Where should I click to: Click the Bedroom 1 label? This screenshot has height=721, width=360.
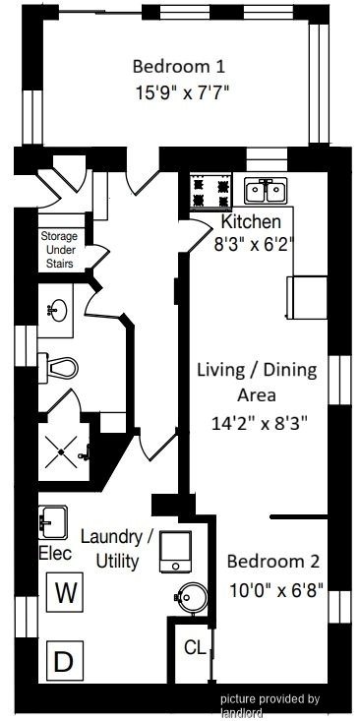click(179, 67)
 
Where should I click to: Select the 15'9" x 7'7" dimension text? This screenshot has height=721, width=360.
click(182, 92)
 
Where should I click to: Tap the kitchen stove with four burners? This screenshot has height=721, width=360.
click(211, 192)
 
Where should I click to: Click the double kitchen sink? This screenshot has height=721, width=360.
click(266, 191)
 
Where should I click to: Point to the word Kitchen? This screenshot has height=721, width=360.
click(251, 221)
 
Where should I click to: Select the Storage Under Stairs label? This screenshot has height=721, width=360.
click(59, 251)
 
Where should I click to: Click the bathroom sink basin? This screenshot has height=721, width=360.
click(57, 311)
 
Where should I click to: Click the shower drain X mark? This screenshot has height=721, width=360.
click(61, 452)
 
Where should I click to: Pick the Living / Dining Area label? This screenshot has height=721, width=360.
click(257, 382)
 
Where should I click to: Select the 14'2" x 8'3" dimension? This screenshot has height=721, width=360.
click(259, 424)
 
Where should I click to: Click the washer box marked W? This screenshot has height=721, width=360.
click(65, 592)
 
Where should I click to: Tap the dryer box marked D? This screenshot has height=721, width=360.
click(65, 661)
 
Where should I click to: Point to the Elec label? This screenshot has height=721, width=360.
click(56, 553)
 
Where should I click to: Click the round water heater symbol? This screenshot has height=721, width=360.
click(191, 598)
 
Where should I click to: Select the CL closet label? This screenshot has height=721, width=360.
click(195, 647)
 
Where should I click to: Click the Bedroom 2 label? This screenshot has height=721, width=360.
click(273, 562)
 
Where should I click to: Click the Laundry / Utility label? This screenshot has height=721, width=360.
click(117, 549)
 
